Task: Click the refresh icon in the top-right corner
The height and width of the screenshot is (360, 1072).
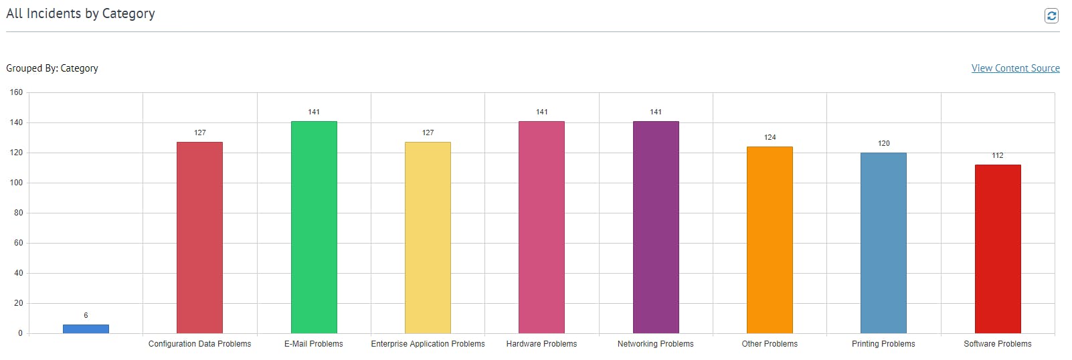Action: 1051,15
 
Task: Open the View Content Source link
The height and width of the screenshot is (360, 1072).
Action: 1015,68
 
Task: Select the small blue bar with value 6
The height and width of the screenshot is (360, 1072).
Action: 86,329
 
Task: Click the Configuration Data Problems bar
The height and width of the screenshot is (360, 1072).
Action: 199,238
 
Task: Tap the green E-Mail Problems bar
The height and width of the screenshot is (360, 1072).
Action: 314,228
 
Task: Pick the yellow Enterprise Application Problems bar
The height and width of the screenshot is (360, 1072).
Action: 428,238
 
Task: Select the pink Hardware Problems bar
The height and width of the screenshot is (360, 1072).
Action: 541,228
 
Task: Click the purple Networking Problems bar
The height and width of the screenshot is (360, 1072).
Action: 656,228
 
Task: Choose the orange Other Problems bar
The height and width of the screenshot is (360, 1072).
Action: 770,240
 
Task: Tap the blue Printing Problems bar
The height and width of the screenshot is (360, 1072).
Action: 883,243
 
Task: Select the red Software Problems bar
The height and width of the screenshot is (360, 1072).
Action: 998,249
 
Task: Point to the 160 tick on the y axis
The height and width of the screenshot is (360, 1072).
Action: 16,92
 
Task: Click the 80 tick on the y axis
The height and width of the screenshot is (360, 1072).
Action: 18,213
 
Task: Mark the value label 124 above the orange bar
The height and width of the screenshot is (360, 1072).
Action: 770,137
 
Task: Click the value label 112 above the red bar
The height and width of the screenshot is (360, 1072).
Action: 998,155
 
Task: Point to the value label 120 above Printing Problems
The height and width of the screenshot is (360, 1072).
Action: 883,143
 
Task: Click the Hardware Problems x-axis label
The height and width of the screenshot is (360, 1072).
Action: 541,344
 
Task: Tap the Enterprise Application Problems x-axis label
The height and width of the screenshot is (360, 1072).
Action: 428,344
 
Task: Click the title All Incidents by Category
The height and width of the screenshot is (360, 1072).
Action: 80,13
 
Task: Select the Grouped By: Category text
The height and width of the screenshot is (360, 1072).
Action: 52,68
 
